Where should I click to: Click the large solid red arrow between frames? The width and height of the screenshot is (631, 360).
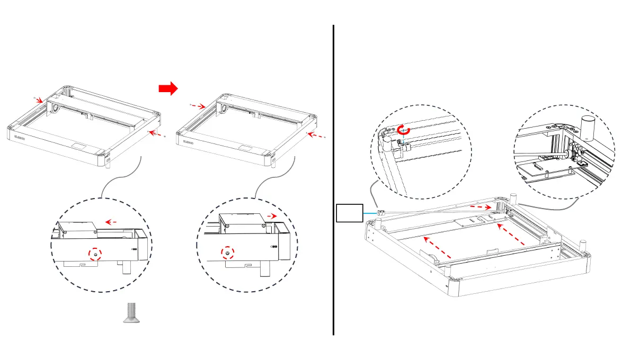pyautogui.click(x=168, y=89)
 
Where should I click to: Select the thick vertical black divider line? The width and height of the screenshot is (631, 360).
pyautogui.click(x=333, y=180)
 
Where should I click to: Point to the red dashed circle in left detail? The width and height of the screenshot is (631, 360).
pyautogui.click(x=95, y=255)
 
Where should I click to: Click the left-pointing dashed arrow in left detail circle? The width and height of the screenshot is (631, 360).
pyautogui.click(x=110, y=222)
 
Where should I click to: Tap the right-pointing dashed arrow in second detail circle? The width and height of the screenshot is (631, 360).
pyautogui.click(x=271, y=217)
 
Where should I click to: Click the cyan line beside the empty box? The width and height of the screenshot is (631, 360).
pyautogui.click(x=369, y=213)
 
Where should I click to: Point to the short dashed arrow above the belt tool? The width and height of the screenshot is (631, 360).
pyautogui.click(x=481, y=207)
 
